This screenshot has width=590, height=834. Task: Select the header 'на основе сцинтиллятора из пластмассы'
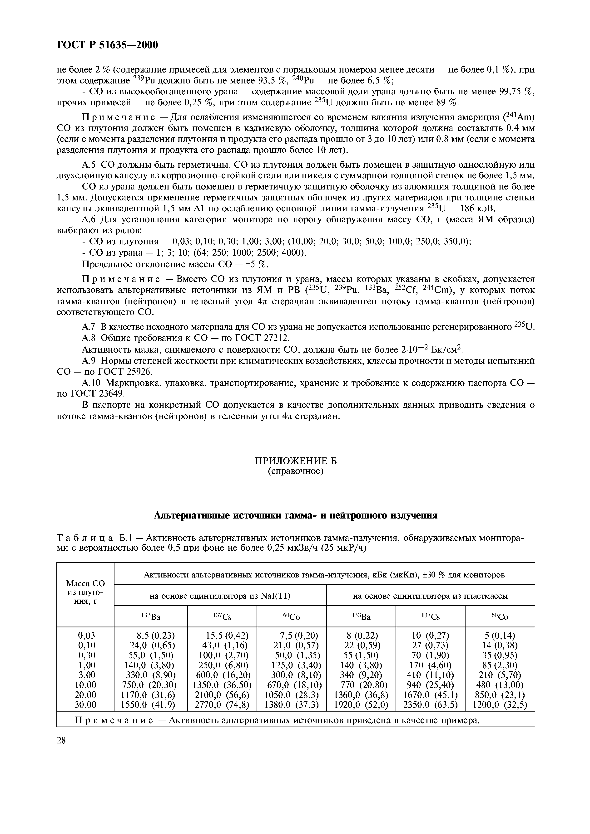[430, 596]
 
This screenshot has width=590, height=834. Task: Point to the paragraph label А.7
[89, 327]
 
